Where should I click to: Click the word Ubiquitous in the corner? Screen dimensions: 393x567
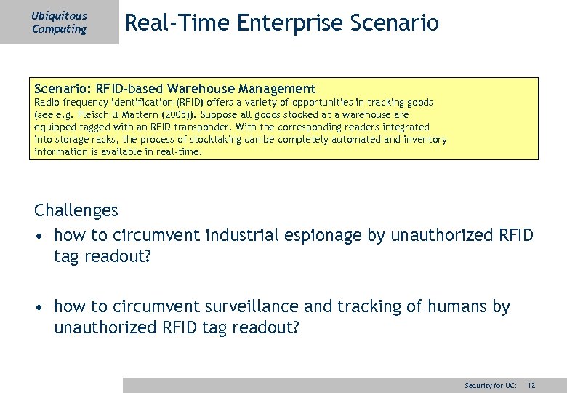coord(59,15)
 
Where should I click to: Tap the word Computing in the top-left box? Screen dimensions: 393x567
coord(59,29)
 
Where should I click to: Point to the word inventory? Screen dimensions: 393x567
coord(426,139)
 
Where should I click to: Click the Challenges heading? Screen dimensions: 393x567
coord(76,211)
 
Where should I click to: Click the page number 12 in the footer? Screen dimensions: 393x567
coord(531,385)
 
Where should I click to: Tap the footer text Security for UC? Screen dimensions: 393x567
coord(491,385)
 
